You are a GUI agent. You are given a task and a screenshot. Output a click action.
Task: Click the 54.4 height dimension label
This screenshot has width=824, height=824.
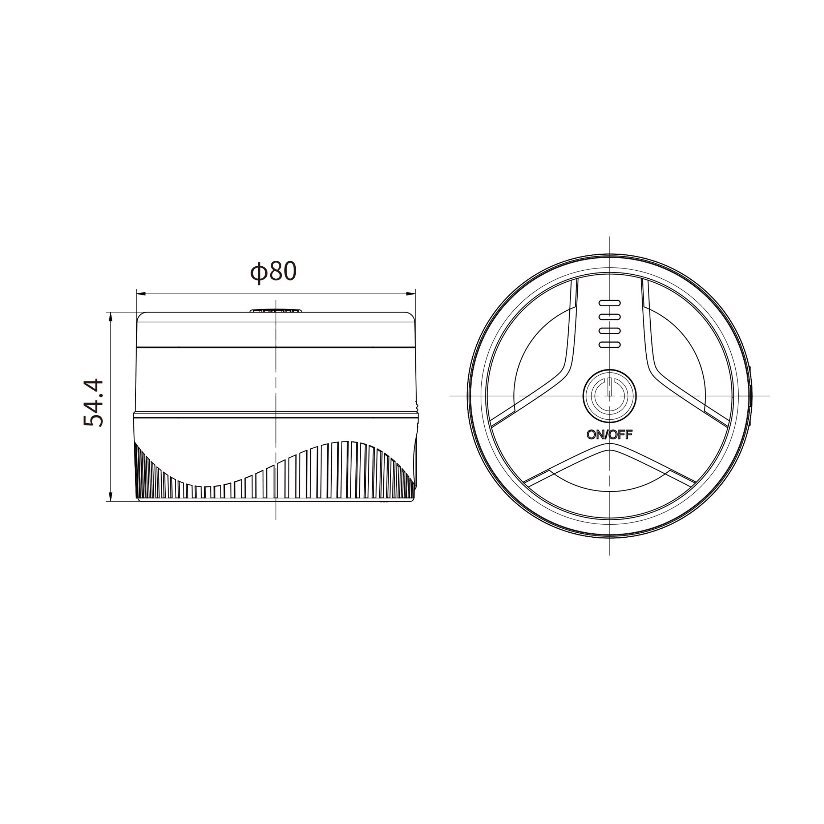pos(93,402)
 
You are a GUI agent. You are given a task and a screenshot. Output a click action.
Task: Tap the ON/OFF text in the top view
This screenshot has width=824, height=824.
pos(610,435)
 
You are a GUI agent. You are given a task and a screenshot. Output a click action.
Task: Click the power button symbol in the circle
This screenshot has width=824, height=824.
pos(610,396)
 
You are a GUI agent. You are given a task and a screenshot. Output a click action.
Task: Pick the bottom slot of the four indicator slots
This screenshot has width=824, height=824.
pos(610,345)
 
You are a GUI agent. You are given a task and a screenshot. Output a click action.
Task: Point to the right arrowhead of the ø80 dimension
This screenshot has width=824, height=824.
pos(410,294)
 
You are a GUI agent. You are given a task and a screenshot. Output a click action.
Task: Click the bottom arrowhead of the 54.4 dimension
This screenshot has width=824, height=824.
pos(110,496)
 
